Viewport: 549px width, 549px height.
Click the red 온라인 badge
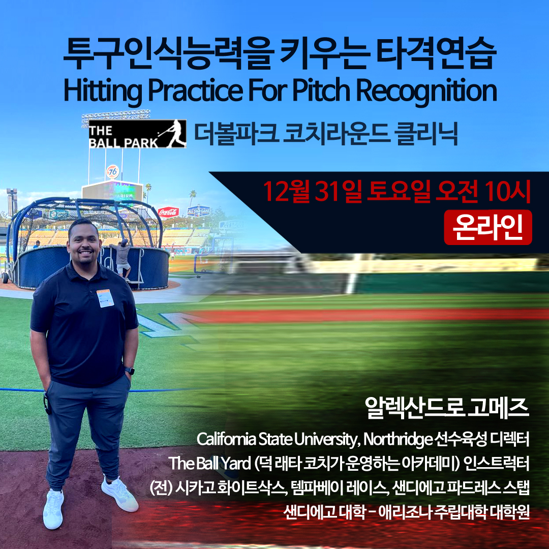point(487,227)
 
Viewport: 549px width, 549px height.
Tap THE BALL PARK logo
point(137,134)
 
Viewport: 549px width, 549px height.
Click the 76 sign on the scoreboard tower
point(113,172)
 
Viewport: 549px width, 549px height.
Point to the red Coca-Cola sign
point(168,212)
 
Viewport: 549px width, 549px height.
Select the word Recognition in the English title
point(426,90)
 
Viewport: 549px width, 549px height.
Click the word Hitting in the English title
point(103,91)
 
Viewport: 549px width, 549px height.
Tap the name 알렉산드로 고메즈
point(446,408)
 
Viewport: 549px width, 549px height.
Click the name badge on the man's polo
point(105,298)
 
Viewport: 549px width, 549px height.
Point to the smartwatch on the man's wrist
point(130,371)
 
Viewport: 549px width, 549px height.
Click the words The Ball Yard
point(210,463)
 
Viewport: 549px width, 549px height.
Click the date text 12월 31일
point(312,192)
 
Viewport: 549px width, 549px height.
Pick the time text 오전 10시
point(483,192)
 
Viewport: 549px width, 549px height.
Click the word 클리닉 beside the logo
point(425,134)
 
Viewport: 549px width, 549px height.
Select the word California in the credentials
point(226,439)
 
